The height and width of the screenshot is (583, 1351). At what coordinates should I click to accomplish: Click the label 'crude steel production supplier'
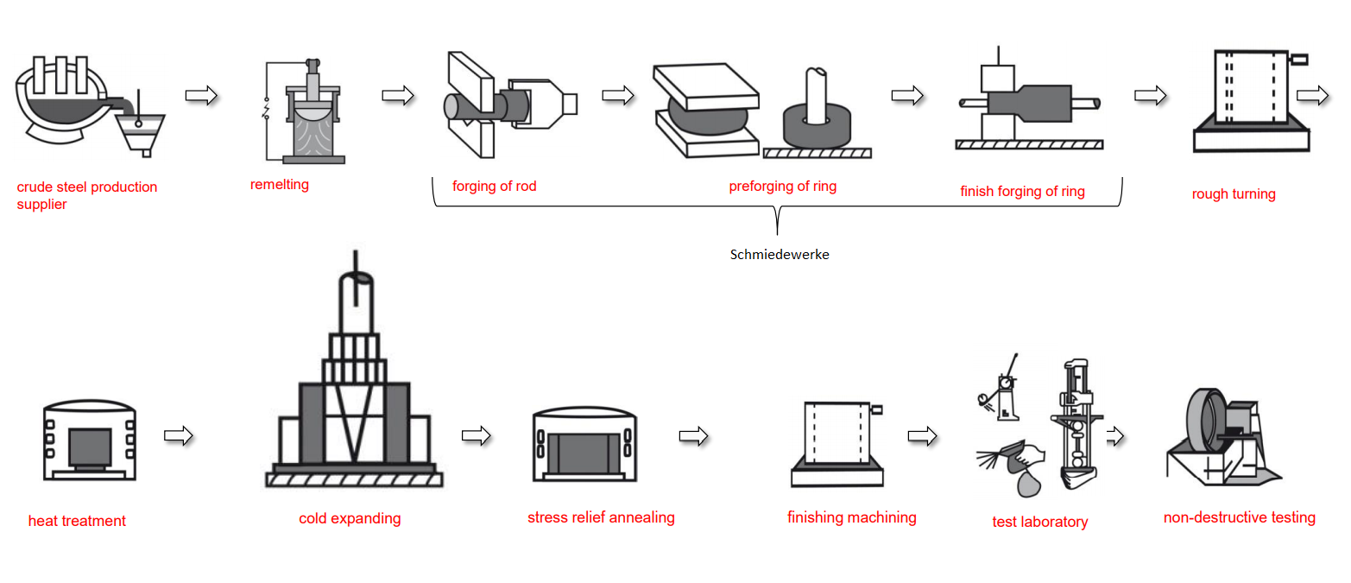[86, 195]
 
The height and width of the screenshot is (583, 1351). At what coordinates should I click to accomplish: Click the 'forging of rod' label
[494, 186]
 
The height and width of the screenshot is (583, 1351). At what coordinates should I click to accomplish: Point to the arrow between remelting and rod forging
[398, 95]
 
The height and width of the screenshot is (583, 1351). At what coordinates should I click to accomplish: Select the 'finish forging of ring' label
[1022, 191]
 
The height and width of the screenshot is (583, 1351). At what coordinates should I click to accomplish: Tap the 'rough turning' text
[1233, 193]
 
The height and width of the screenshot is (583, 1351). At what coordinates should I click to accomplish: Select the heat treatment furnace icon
[90, 440]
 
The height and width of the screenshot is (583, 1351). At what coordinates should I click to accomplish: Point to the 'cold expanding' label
[350, 518]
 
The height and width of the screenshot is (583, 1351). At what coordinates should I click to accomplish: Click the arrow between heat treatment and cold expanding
[178, 435]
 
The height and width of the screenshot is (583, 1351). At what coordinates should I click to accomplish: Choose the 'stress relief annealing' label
[601, 517]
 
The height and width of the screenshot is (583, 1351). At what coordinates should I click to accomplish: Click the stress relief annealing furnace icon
[584, 445]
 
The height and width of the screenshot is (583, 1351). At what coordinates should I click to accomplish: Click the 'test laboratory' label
[1039, 522]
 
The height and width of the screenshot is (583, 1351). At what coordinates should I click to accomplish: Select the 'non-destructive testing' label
[1239, 517]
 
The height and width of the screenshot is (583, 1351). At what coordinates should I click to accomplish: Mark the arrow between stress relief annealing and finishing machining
[693, 437]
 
